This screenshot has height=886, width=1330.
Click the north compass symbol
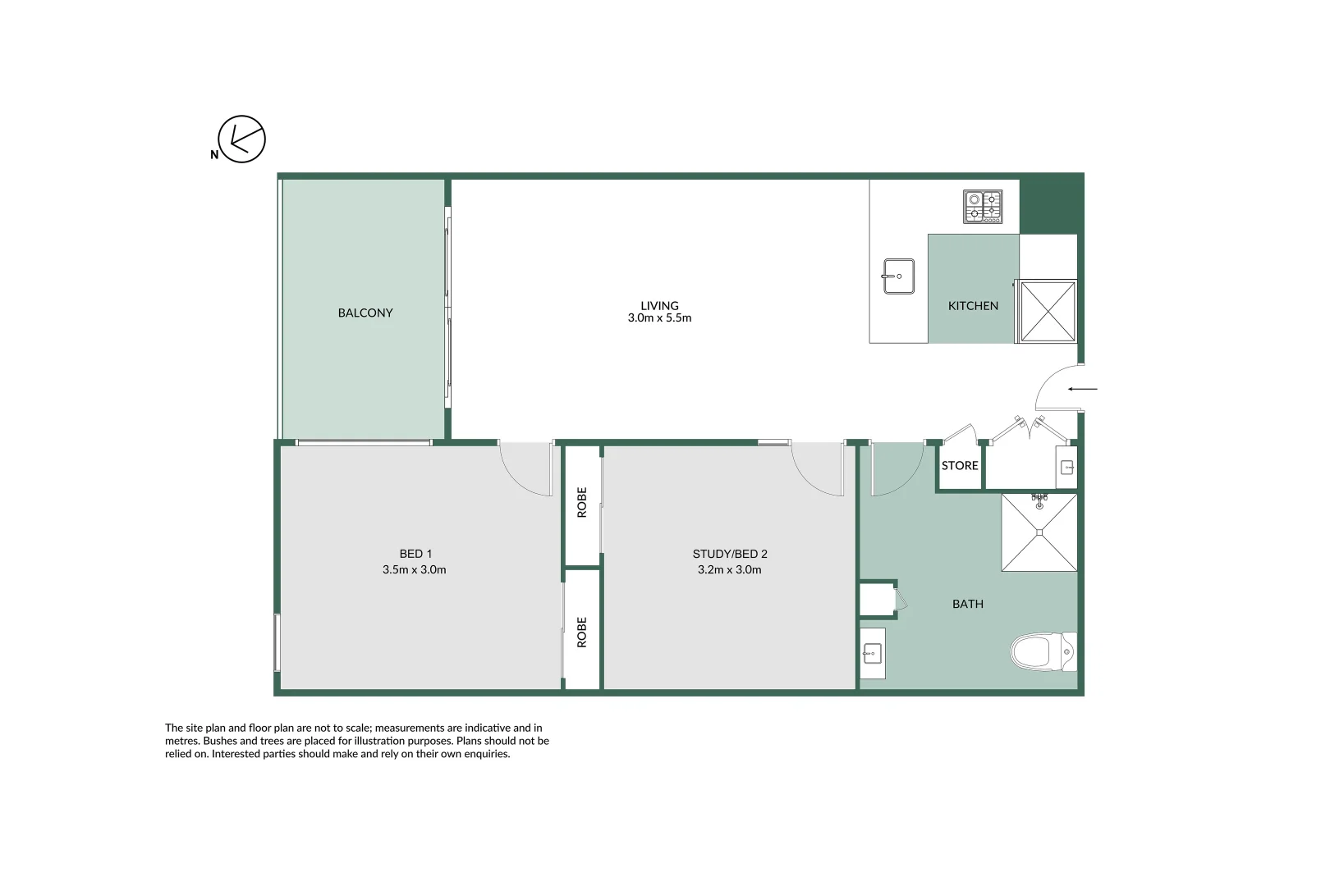(241, 139)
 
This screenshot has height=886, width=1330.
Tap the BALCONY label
(365, 313)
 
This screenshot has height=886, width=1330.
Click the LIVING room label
(659, 305)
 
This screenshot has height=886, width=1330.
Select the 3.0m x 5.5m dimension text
(659, 318)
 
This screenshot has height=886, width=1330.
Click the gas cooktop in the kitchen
(983, 207)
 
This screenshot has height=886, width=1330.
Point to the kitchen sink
(898, 276)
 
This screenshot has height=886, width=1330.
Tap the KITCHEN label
(973, 306)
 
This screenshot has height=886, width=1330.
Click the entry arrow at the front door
(1082, 389)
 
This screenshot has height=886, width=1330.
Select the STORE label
(960, 466)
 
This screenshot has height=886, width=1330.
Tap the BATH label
(967, 604)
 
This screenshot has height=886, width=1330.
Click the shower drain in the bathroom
(1039, 532)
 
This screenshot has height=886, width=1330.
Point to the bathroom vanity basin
(872, 654)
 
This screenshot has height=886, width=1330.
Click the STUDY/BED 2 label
(730, 554)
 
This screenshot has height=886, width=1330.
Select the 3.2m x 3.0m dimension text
(729, 569)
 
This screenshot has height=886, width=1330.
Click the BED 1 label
(415, 554)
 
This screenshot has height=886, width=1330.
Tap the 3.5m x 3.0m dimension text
(414, 569)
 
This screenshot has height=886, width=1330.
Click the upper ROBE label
(582, 502)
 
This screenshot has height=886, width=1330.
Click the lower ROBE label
(582, 633)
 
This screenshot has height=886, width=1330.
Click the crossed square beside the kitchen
(1048, 311)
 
